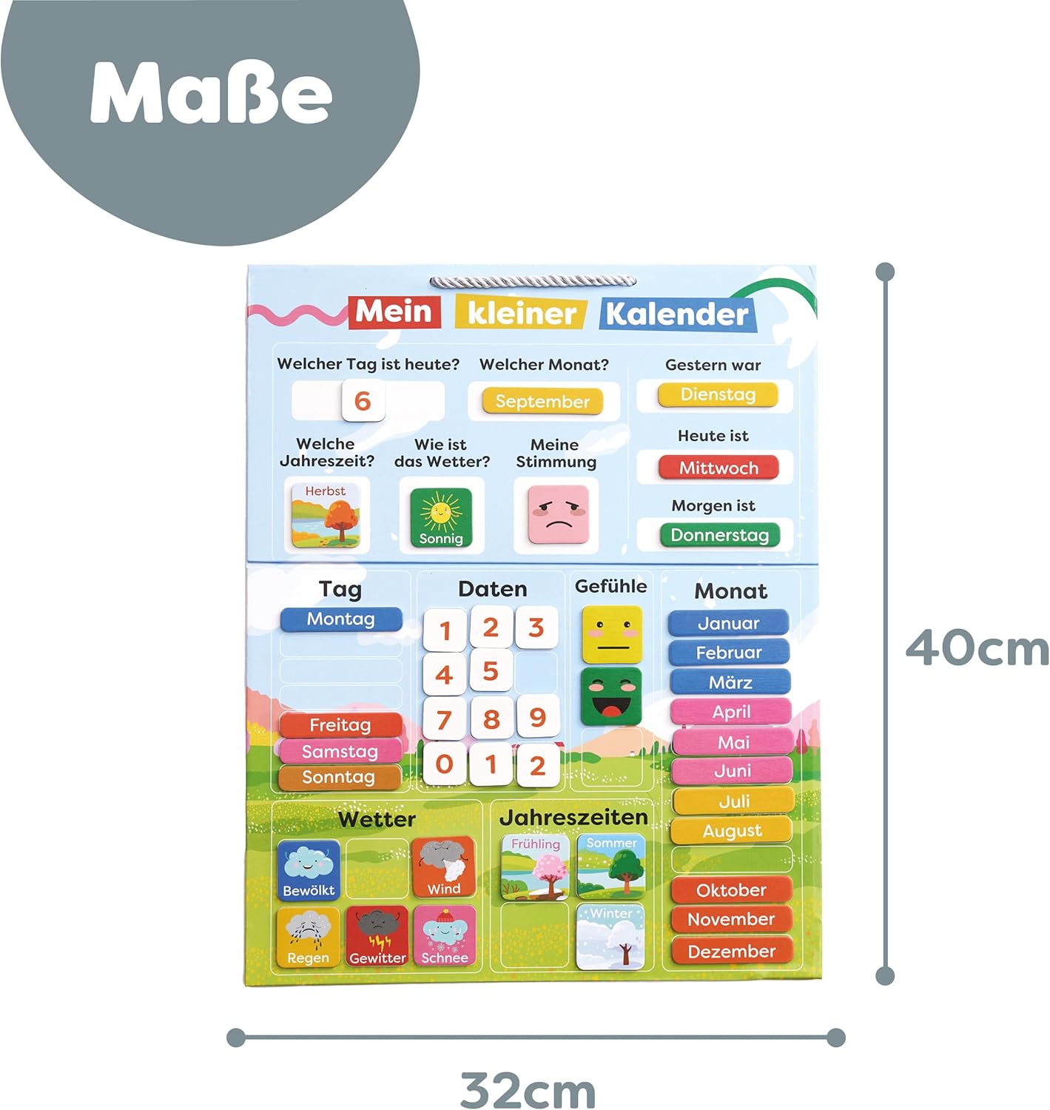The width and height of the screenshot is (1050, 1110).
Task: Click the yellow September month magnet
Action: (x=542, y=401)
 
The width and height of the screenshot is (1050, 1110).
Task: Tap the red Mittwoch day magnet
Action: (x=718, y=468)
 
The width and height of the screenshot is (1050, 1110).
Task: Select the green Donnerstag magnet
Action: (x=719, y=535)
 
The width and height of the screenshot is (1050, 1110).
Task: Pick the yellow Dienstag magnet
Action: (x=718, y=394)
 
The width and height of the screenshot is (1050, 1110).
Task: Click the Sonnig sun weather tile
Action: (x=441, y=517)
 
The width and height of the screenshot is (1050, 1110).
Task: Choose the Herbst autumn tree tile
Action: (x=326, y=515)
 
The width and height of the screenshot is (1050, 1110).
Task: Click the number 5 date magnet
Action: (x=490, y=671)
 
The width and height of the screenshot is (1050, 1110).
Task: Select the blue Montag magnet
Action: (x=341, y=619)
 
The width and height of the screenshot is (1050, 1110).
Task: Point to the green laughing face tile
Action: (x=610, y=696)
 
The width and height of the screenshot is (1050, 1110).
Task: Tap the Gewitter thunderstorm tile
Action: (x=377, y=936)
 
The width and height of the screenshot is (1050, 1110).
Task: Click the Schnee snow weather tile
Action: (x=445, y=936)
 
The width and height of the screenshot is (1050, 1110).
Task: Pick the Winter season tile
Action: (x=611, y=936)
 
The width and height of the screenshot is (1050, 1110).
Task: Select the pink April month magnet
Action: (x=731, y=712)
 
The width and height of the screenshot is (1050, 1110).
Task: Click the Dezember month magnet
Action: (x=731, y=951)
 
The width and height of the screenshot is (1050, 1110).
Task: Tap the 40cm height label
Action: (x=977, y=648)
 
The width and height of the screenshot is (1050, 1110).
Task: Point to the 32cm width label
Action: (x=528, y=1090)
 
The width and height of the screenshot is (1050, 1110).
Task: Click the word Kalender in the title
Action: (x=676, y=314)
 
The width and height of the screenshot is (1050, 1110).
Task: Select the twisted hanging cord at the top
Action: (x=533, y=282)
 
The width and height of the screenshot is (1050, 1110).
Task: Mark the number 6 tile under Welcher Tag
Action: (x=363, y=400)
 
